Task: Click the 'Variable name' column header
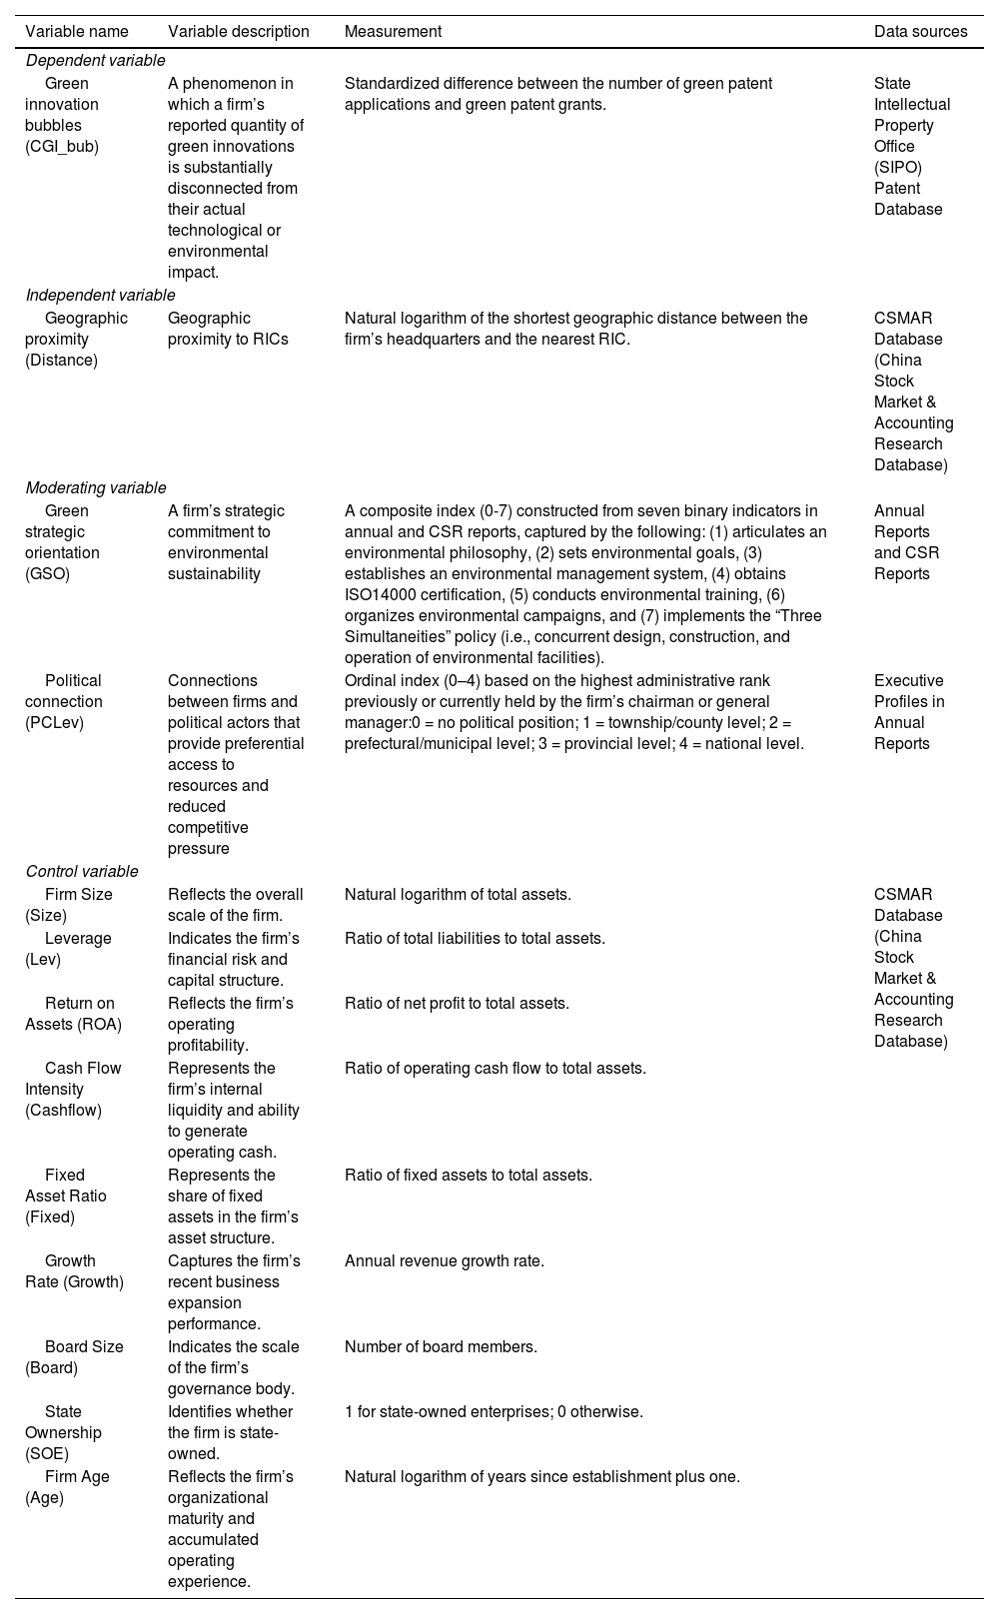click(77, 31)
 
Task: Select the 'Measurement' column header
click(393, 31)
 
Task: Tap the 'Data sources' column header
click(920, 31)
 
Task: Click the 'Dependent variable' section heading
click(95, 61)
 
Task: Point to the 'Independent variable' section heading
click(100, 295)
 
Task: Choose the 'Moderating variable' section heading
click(96, 487)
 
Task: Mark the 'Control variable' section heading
click(82, 871)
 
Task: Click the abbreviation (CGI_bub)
click(62, 147)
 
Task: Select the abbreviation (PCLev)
click(54, 723)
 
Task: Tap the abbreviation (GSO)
click(47, 574)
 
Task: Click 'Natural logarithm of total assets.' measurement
click(458, 895)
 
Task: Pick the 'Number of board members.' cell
click(441, 1346)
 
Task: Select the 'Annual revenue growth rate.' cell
click(445, 1260)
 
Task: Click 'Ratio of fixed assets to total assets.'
click(469, 1175)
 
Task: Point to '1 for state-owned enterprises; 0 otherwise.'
click(494, 1411)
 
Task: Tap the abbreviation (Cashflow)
click(63, 1110)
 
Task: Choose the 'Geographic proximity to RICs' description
click(228, 329)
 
